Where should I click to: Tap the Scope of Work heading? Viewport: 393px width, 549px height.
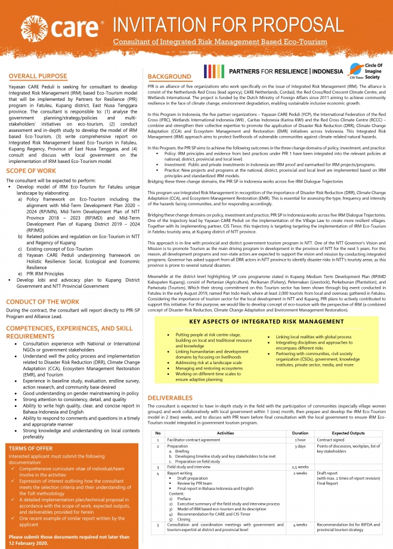click(33, 171)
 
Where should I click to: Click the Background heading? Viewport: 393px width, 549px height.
click(169, 77)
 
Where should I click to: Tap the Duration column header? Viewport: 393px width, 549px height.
click(300, 433)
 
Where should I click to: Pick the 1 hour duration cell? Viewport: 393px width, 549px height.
click(300, 439)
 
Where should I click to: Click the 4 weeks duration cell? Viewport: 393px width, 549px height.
click(300, 525)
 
